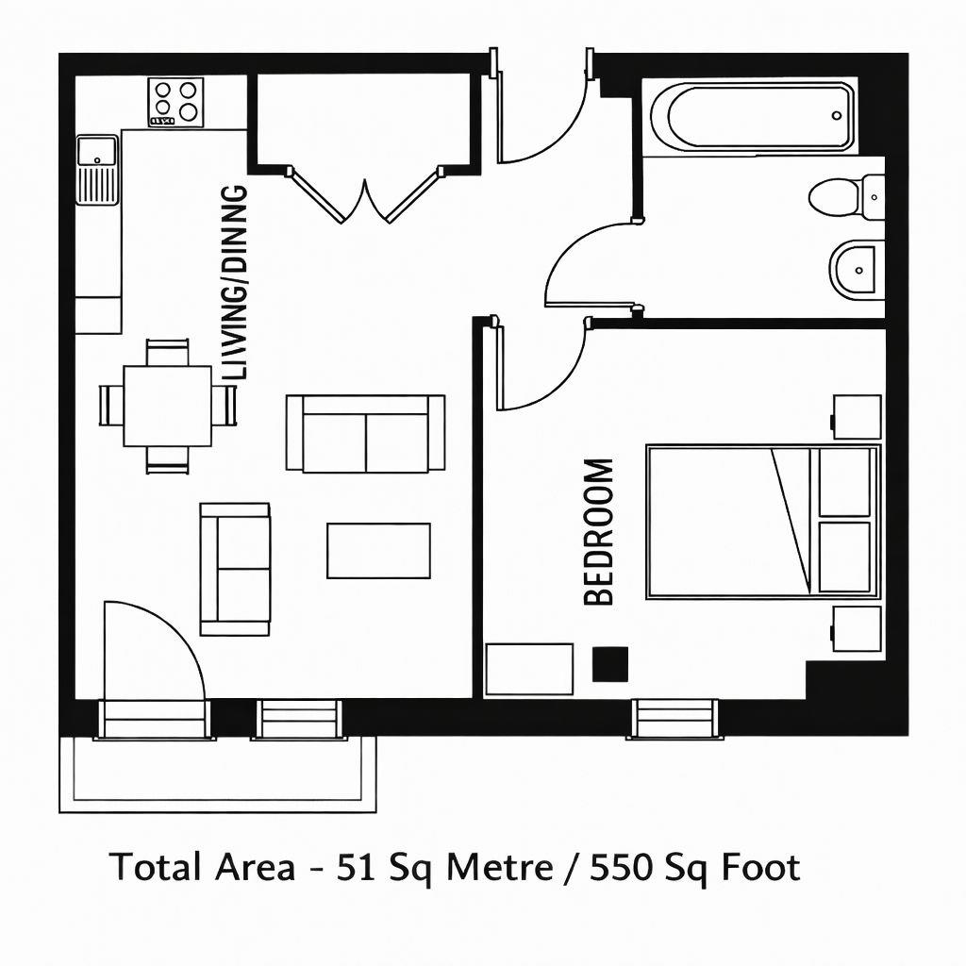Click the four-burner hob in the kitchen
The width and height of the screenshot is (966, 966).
point(176,103)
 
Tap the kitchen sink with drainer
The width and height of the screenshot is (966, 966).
point(97,169)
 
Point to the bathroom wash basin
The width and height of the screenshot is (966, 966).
point(855,270)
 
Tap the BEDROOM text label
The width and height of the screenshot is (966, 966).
point(599,531)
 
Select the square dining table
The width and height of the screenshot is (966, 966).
point(167,406)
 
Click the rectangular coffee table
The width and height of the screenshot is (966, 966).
point(378,550)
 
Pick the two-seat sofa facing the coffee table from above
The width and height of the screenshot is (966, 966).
point(365,433)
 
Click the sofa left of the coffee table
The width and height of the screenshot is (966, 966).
point(235,569)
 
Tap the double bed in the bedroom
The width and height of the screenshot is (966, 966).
point(762,522)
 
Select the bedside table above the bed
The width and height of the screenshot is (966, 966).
point(857,417)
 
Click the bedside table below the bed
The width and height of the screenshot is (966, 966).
point(857,629)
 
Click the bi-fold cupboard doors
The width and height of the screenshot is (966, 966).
point(364,196)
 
